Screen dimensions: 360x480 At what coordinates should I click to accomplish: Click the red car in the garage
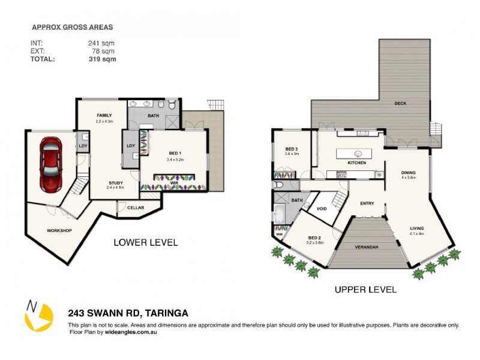[x=50, y=163]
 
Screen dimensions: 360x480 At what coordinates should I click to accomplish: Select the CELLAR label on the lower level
[x=135, y=208]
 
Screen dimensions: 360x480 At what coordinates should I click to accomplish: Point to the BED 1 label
[x=175, y=154]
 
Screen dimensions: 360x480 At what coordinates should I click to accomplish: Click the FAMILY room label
[x=105, y=115]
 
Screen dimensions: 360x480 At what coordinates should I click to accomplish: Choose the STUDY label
[x=116, y=183]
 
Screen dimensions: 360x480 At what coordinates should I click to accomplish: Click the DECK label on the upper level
[x=400, y=104]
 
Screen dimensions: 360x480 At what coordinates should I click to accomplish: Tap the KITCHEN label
[x=357, y=163]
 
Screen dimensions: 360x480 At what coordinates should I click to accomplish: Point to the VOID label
[x=322, y=208]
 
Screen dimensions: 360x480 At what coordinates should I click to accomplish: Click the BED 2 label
[x=315, y=238]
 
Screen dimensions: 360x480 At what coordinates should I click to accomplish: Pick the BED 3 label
[x=292, y=149]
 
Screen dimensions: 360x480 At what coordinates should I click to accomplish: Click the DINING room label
[x=409, y=173]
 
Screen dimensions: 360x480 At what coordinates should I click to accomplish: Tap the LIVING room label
[x=416, y=228]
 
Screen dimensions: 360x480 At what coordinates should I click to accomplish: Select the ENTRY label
[x=367, y=203]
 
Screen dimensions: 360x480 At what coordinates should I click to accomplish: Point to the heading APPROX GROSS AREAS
[x=71, y=27]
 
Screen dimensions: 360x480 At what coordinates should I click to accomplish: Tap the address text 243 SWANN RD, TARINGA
[x=128, y=313]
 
